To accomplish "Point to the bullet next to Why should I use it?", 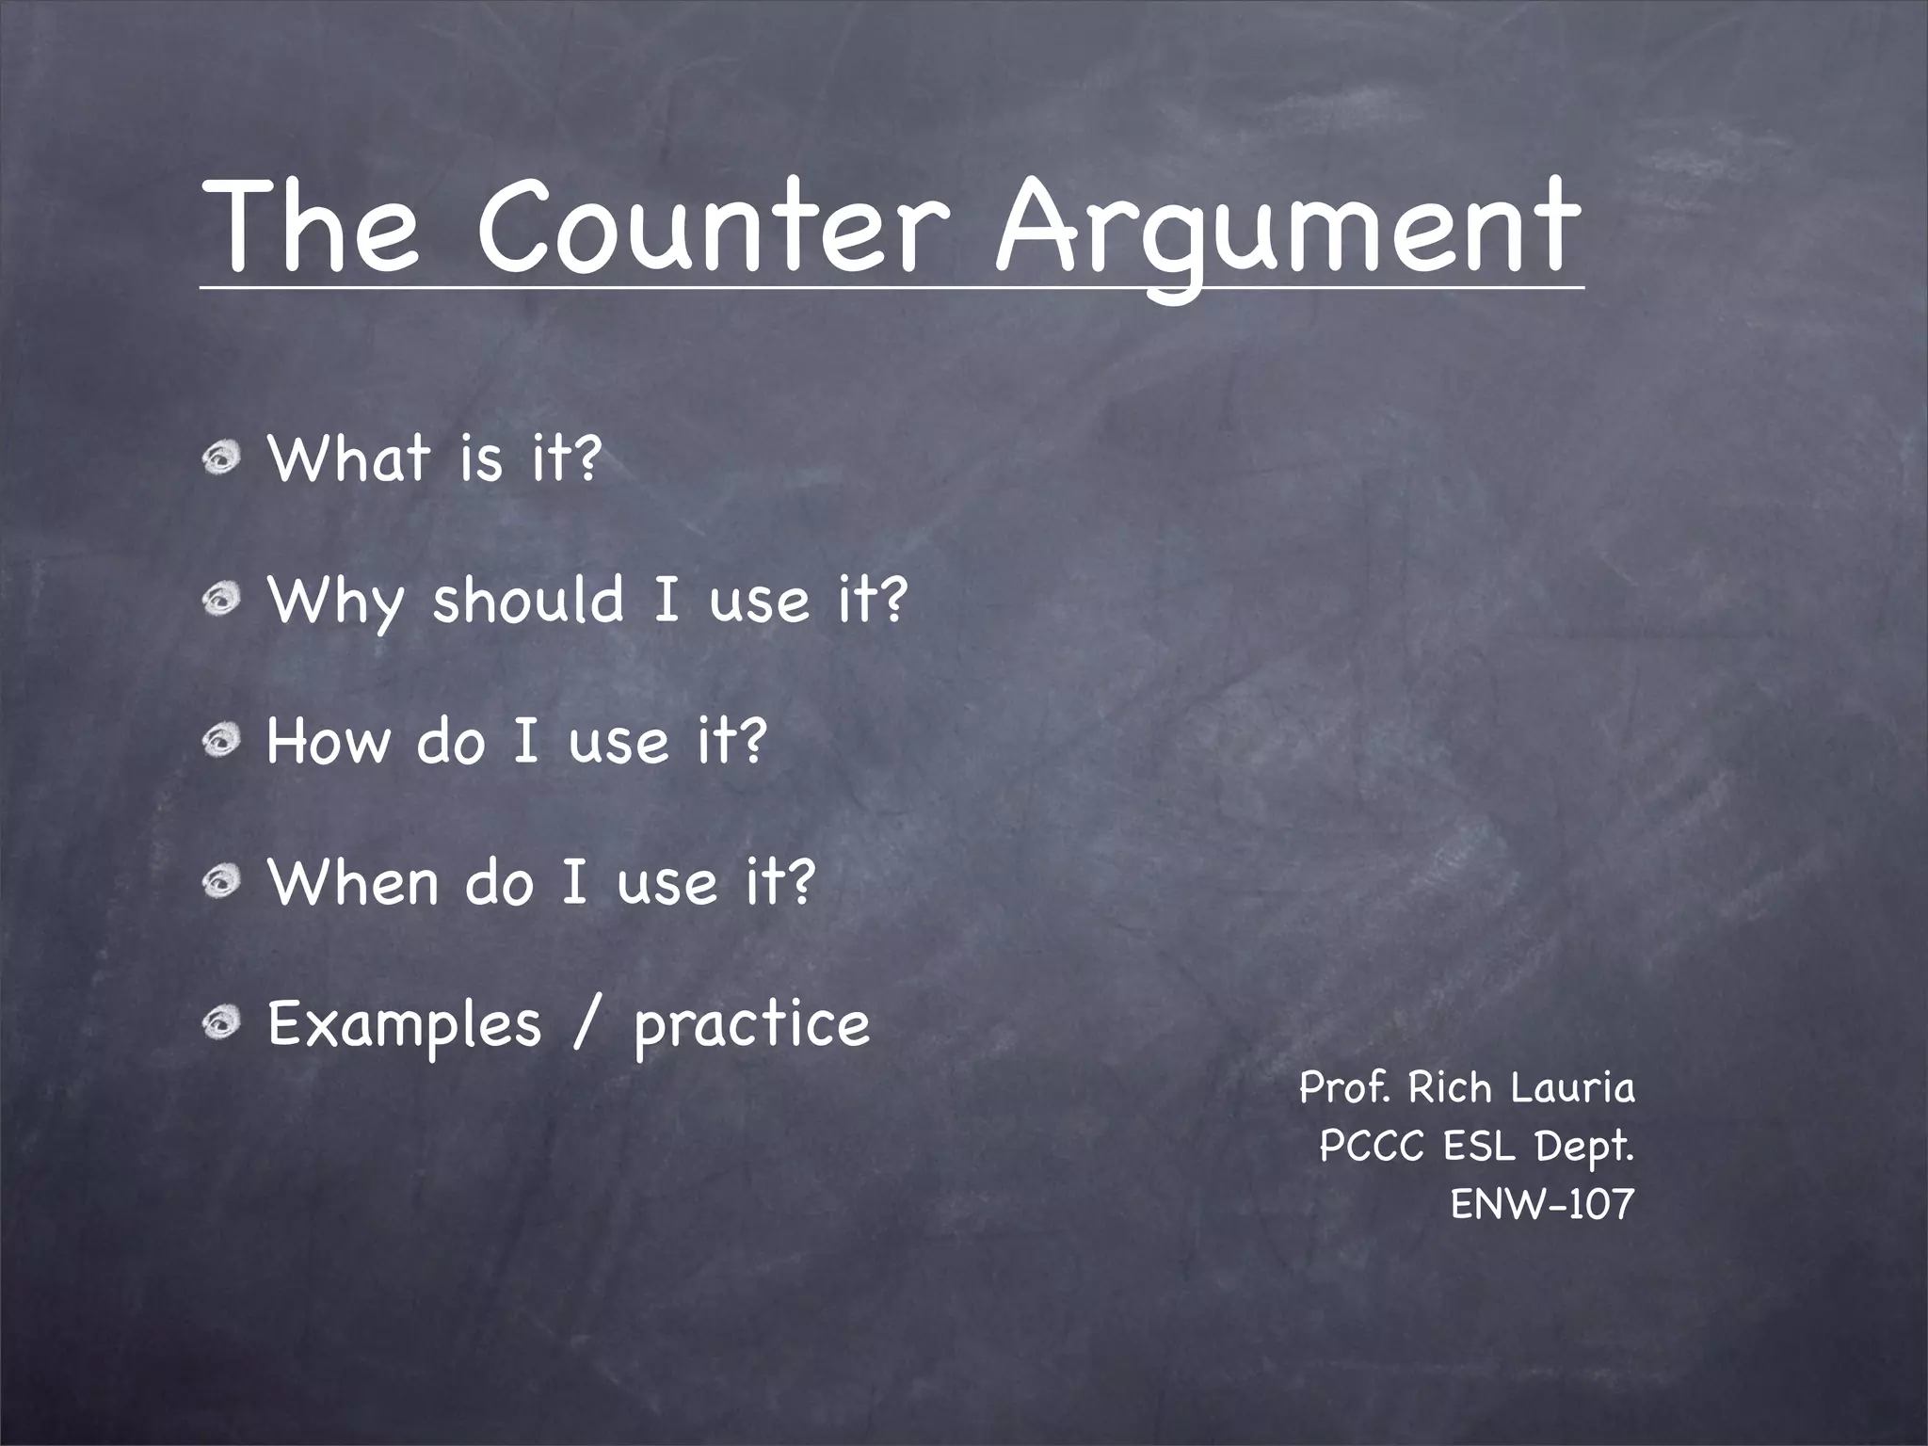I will [223, 601].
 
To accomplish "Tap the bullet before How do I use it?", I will [223, 742].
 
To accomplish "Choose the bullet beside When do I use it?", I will [223, 883].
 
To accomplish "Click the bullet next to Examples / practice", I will [223, 1024].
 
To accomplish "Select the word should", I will [528, 600].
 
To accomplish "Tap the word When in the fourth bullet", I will [353, 882].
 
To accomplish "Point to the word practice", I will [751, 1026].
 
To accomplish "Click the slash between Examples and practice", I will [586, 1024].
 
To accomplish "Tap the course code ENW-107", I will [1542, 1204].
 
